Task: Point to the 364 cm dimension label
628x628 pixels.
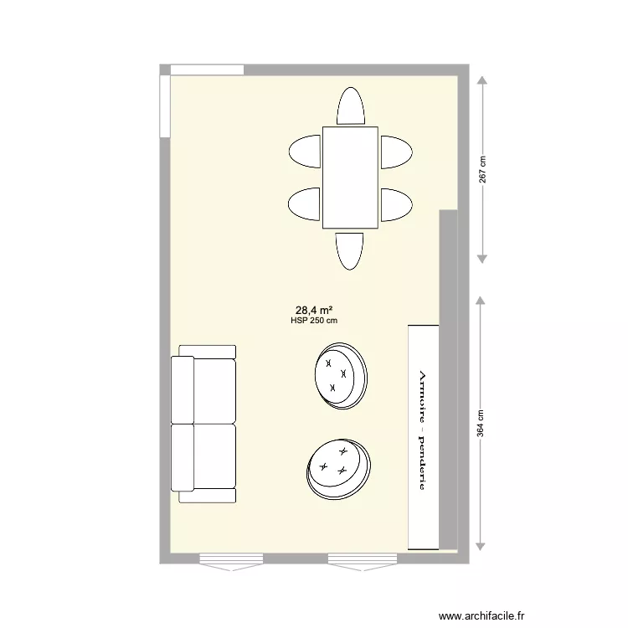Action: pos(481,422)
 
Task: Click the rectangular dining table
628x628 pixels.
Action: pos(350,177)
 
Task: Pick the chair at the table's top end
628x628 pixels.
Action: pos(350,107)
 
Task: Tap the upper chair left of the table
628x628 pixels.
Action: pos(306,152)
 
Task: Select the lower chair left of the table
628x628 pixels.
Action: pos(306,203)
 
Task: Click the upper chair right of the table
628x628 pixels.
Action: pos(395,152)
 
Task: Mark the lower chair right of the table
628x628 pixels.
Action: pos(395,203)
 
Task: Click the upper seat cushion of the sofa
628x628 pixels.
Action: pos(214,389)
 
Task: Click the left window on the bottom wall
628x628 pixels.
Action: pos(231,559)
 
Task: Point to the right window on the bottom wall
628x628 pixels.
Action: pos(361,559)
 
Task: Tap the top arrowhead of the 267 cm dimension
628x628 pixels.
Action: pos(482,81)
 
